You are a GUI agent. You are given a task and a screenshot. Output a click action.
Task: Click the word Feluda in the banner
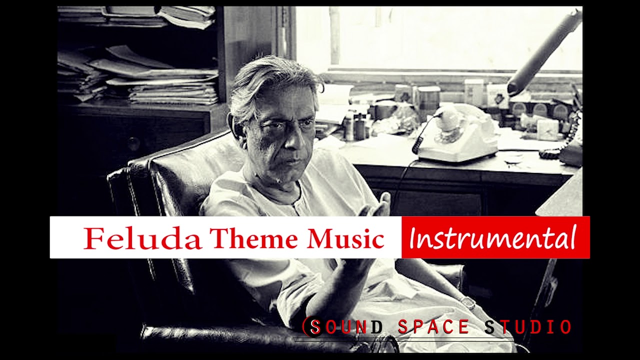click(142, 238)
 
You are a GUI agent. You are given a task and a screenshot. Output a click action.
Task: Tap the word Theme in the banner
click(254, 238)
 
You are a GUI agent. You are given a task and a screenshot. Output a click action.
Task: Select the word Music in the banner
click(345, 238)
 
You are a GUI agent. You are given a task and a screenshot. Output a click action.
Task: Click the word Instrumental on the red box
click(492, 238)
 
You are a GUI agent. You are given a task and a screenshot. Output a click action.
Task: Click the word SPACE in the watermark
click(433, 327)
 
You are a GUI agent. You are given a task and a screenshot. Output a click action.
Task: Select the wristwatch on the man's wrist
click(468, 302)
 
